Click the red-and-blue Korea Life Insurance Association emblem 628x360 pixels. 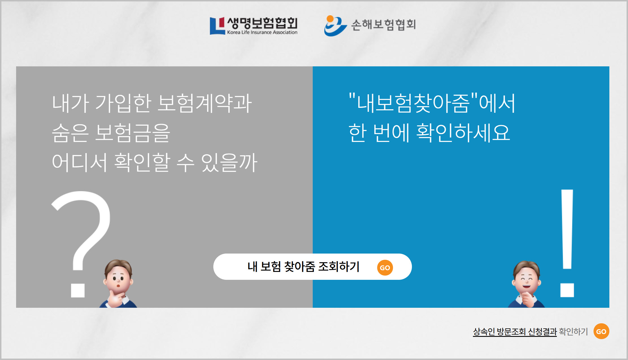[x=217, y=26]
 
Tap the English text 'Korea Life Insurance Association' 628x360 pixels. [x=262, y=32]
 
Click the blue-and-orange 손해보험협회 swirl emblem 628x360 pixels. [x=335, y=26]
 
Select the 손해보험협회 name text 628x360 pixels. [x=383, y=25]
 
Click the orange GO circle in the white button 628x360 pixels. [x=385, y=267]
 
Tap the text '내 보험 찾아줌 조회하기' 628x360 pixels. [x=303, y=267]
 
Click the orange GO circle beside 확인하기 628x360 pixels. [x=601, y=331]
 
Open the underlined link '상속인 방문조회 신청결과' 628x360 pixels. [x=515, y=331]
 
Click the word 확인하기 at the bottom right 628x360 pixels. [x=573, y=331]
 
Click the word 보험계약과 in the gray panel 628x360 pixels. [x=205, y=103]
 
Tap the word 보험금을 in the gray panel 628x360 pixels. [x=132, y=133]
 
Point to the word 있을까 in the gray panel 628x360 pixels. [x=229, y=162]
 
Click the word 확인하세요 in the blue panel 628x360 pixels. [x=463, y=132]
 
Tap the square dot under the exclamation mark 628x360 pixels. [x=567, y=290]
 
